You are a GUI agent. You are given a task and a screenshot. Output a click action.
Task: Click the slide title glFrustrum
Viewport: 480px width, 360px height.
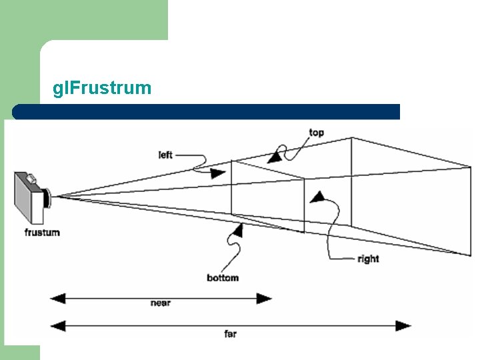(102, 87)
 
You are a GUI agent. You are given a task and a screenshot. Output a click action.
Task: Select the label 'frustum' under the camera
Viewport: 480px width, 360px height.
(42, 232)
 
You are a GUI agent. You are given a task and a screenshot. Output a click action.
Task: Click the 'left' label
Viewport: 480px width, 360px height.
(166, 155)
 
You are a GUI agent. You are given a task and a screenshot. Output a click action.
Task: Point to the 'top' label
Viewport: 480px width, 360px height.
(317, 132)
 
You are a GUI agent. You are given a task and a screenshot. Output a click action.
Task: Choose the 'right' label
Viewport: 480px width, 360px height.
(368, 259)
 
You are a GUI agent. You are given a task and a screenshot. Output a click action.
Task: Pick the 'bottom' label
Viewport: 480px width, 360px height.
(223, 277)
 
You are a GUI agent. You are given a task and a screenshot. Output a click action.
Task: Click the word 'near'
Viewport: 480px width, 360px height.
(161, 303)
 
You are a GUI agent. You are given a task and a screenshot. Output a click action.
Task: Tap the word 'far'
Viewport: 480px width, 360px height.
(230, 333)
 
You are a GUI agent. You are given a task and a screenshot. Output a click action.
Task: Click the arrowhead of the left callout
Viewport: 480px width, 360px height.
(218, 173)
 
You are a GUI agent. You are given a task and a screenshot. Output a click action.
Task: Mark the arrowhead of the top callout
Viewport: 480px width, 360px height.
(273, 158)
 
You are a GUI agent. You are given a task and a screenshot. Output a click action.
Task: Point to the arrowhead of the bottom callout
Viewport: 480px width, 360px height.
(237, 230)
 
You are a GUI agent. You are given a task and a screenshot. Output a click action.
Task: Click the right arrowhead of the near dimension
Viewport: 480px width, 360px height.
(265, 297)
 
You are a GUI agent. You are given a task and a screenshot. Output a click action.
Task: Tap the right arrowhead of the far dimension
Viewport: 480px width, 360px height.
(404, 325)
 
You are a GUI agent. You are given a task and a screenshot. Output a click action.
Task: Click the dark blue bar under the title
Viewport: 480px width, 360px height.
(207, 111)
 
